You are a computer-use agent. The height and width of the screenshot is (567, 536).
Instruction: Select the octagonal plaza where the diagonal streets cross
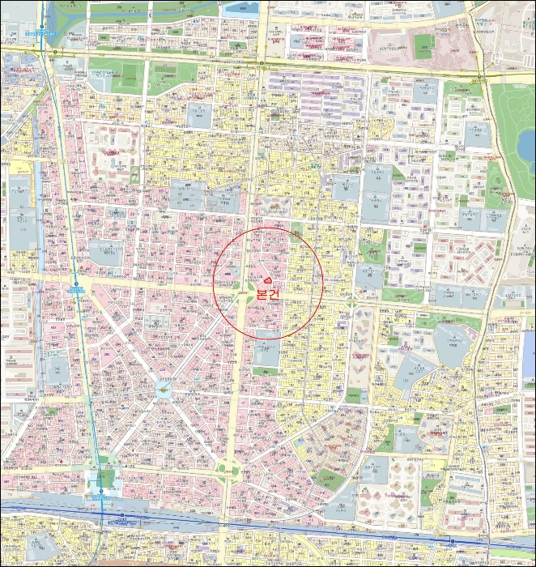point(163,390)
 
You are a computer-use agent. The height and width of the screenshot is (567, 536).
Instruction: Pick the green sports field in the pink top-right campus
point(423,42)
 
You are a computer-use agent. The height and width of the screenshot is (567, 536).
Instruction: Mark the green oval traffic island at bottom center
point(228,469)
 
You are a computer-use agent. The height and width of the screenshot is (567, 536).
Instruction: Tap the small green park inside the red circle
point(296,229)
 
